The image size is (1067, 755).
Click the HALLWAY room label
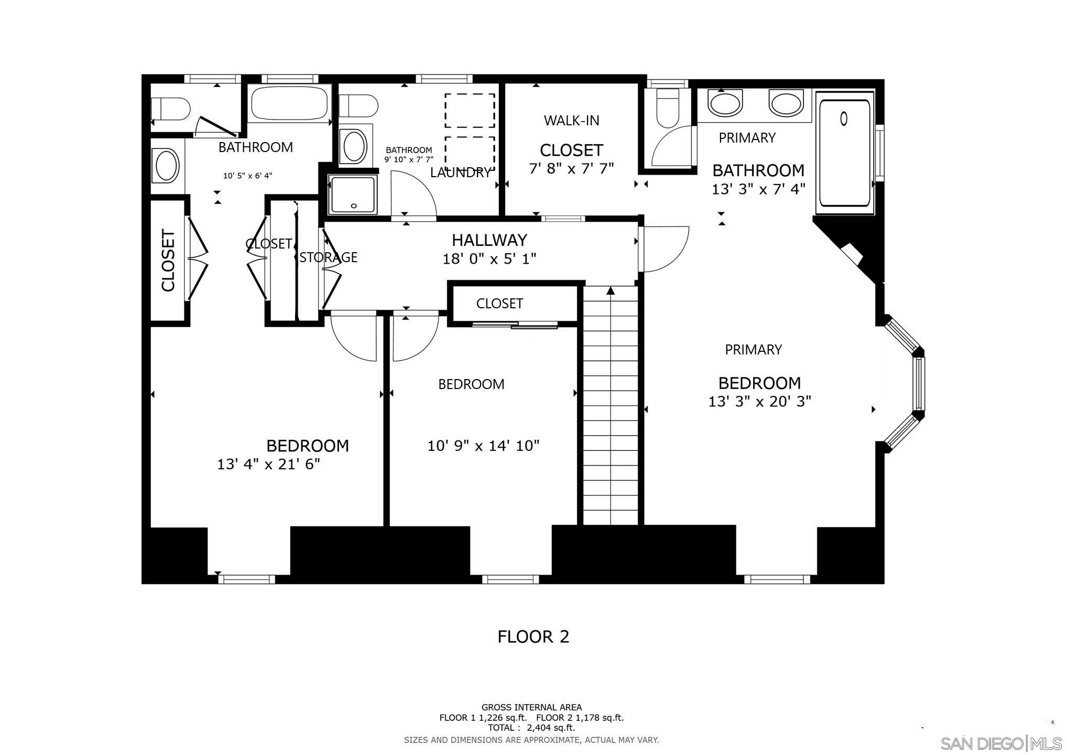(489, 240)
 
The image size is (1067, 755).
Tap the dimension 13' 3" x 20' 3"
(759, 402)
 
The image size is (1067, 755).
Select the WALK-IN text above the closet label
(571, 121)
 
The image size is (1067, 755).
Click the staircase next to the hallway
(611, 406)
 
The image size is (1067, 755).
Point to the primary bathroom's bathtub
(845, 153)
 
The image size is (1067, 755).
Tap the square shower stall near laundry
(353, 195)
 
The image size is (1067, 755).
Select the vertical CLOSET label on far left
(168, 260)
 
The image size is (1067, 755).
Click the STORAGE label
(329, 257)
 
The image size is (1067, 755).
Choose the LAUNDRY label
(460, 172)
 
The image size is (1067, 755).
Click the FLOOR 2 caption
(533, 637)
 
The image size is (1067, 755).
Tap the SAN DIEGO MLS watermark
(1000, 743)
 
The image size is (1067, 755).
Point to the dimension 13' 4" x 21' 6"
(268, 465)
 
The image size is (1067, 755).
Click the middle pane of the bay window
(919, 384)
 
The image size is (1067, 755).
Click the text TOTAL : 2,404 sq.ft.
(531, 728)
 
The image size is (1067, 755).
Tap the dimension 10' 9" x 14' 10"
(483, 446)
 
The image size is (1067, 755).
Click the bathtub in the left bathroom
(289, 103)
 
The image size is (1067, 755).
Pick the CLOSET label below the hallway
(499, 304)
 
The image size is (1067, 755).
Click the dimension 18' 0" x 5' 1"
(489, 259)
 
